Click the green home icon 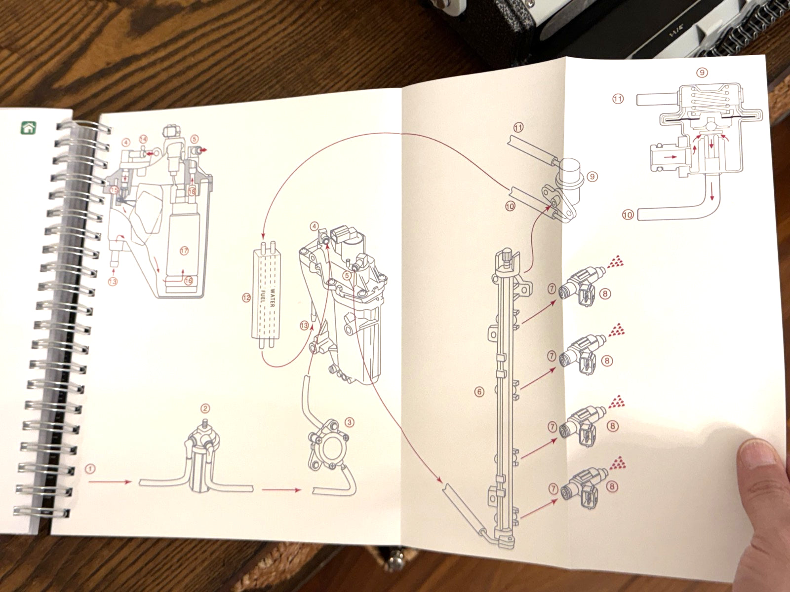click(29, 128)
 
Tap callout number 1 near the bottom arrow click(90, 468)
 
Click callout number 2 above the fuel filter click(205, 408)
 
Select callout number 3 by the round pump click(350, 422)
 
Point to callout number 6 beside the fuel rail click(479, 392)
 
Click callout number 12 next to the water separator click(246, 297)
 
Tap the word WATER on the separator click(272, 295)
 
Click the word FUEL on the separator click(263, 295)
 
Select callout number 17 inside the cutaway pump click(184, 251)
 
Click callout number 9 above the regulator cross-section click(702, 73)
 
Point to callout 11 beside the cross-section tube click(618, 99)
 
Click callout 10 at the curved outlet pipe click(628, 215)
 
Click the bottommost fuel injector click(585, 485)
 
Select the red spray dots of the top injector click(616, 262)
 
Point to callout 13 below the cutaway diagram click(113, 282)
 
